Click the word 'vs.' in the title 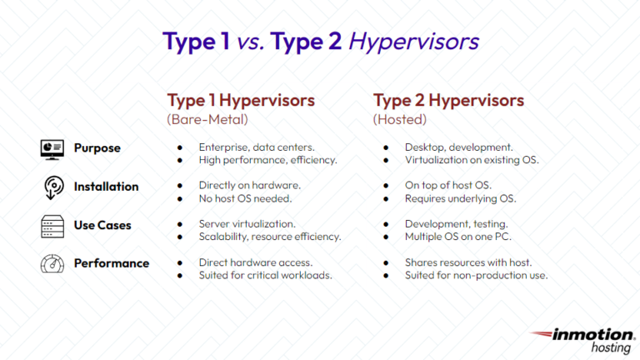click(x=247, y=42)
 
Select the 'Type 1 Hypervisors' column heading click(x=241, y=101)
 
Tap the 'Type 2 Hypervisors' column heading click(x=448, y=101)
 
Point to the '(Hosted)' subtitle click(x=399, y=120)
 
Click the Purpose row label click(x=97, y=148)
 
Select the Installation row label click(x=106, y=187)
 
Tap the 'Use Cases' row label click(x=102, y=225)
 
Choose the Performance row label click(x=111, y=263)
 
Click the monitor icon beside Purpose click(x=52, y=148)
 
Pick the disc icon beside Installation click(x=52, y=187)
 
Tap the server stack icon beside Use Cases click(x=52, y=225)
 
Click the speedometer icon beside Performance click(x=52, y=263)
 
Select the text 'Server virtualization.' click(x=247, y=224)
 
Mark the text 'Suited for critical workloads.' click(x=266, y=275)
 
